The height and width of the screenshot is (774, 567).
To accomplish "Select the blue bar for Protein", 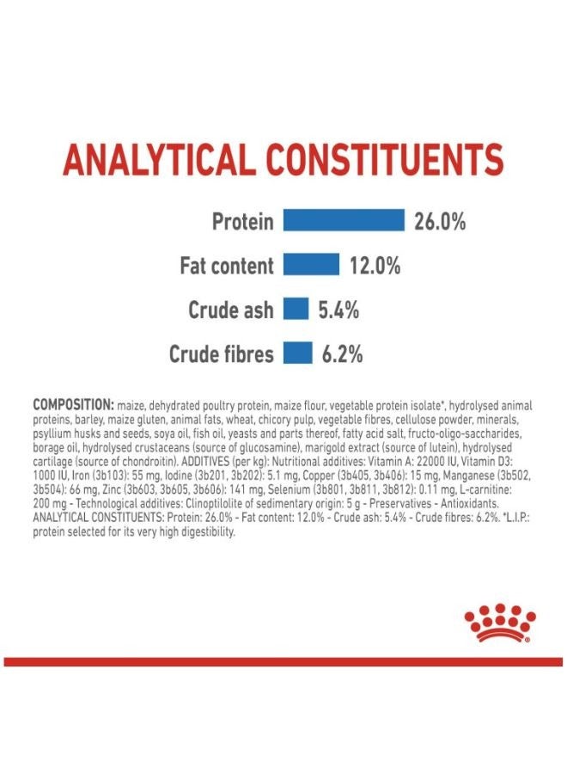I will (344, 221).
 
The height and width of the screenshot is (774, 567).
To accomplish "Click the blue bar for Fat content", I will (311, 266).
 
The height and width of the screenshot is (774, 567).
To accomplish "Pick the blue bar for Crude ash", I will (296, 310).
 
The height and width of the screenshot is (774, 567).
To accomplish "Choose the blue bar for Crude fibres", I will (297, 353).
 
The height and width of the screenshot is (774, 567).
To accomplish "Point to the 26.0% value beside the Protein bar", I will (439, 222).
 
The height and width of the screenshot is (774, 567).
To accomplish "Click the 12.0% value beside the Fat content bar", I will (375, 267).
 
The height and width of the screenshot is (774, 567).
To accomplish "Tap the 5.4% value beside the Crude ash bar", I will (338, 310).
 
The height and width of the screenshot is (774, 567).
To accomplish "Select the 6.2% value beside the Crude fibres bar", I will (342, 354).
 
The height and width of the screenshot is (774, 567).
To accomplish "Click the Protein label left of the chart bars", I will (242, 222).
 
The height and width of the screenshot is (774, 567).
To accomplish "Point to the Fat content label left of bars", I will (226, 267).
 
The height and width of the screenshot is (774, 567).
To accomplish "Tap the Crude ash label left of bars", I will (230, 310).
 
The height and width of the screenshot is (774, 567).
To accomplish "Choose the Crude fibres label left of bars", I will (221, 354).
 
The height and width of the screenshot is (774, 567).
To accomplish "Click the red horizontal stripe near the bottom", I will (283, 661).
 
